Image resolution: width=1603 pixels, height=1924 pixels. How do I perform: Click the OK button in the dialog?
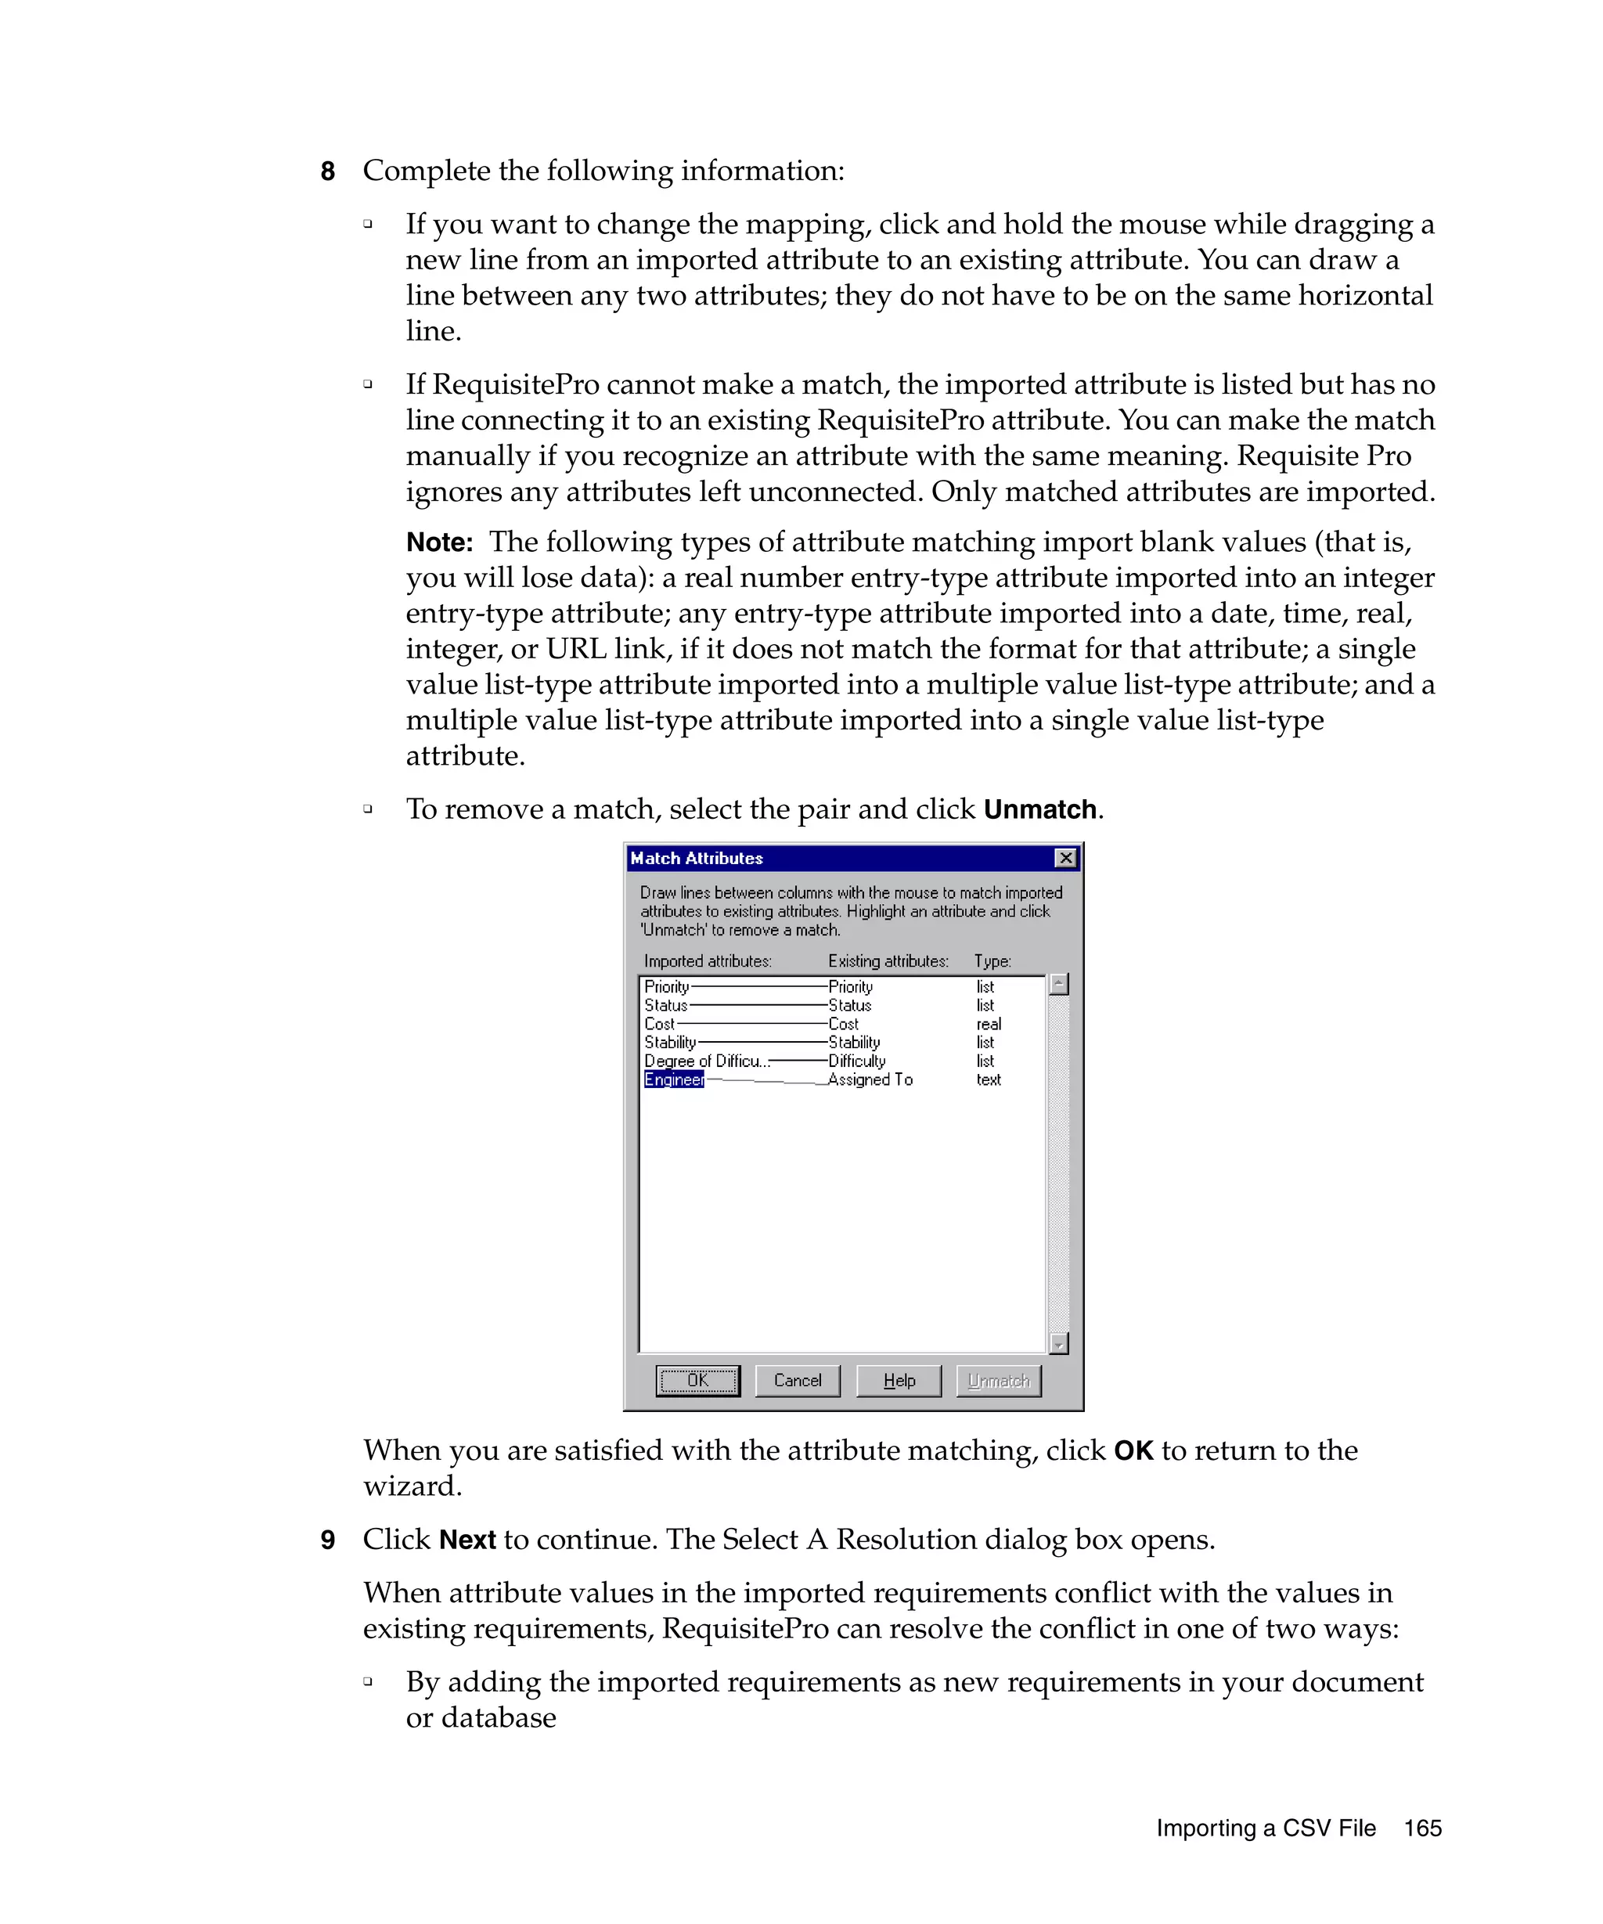pyautogui.click(x=697, y=1380)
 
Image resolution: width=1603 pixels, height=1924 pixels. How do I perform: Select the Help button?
pyautogui.click(x=898, y=1380)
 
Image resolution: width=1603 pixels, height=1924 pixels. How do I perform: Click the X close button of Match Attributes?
pyautogui.click(x=1064, y=858)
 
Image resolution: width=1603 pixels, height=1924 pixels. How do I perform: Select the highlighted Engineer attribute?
pyautogui.click(x=673, y=1079)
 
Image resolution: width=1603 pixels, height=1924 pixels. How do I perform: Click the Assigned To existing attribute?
pyautogui.click(x=870, y=1079)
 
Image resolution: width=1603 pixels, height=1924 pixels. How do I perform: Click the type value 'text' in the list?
pyautogui.click(x=988, y=1079)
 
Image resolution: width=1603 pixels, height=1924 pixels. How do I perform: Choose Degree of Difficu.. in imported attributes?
pyautogui.click(x=705, y=1061)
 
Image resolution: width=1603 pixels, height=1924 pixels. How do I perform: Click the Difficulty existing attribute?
pyautogui.click(x=856, y=1061)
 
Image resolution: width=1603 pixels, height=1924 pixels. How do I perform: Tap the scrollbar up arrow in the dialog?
pyautogui.click(x=1058, y=984)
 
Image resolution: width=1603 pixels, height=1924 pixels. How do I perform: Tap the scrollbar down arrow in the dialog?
pyautogui.click(x=1058, y=1343)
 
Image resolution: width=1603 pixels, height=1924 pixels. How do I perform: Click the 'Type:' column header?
pyautogui.click(x=992, y=961)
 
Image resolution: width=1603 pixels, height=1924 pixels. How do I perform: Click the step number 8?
pyautogui.click(x=328, y=171)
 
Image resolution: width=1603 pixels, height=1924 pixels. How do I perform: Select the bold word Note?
pyautogui.click(x=439, y=542)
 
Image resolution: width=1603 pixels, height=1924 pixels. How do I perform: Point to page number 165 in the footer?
pyautogui.click(x=1421, y=1828)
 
